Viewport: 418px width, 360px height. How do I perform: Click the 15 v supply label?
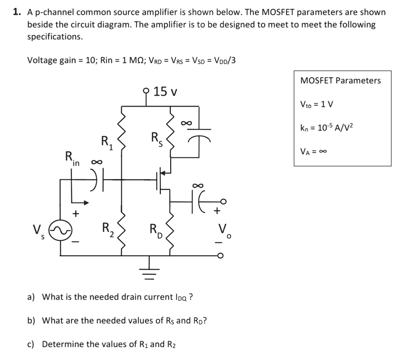click(x=165, y=91)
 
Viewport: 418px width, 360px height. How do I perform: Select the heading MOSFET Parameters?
click(x=341, y=80)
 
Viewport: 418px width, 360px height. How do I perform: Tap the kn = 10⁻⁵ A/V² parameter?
click(x=327, y=127)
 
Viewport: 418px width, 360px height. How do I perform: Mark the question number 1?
click(x=17, y=12)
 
